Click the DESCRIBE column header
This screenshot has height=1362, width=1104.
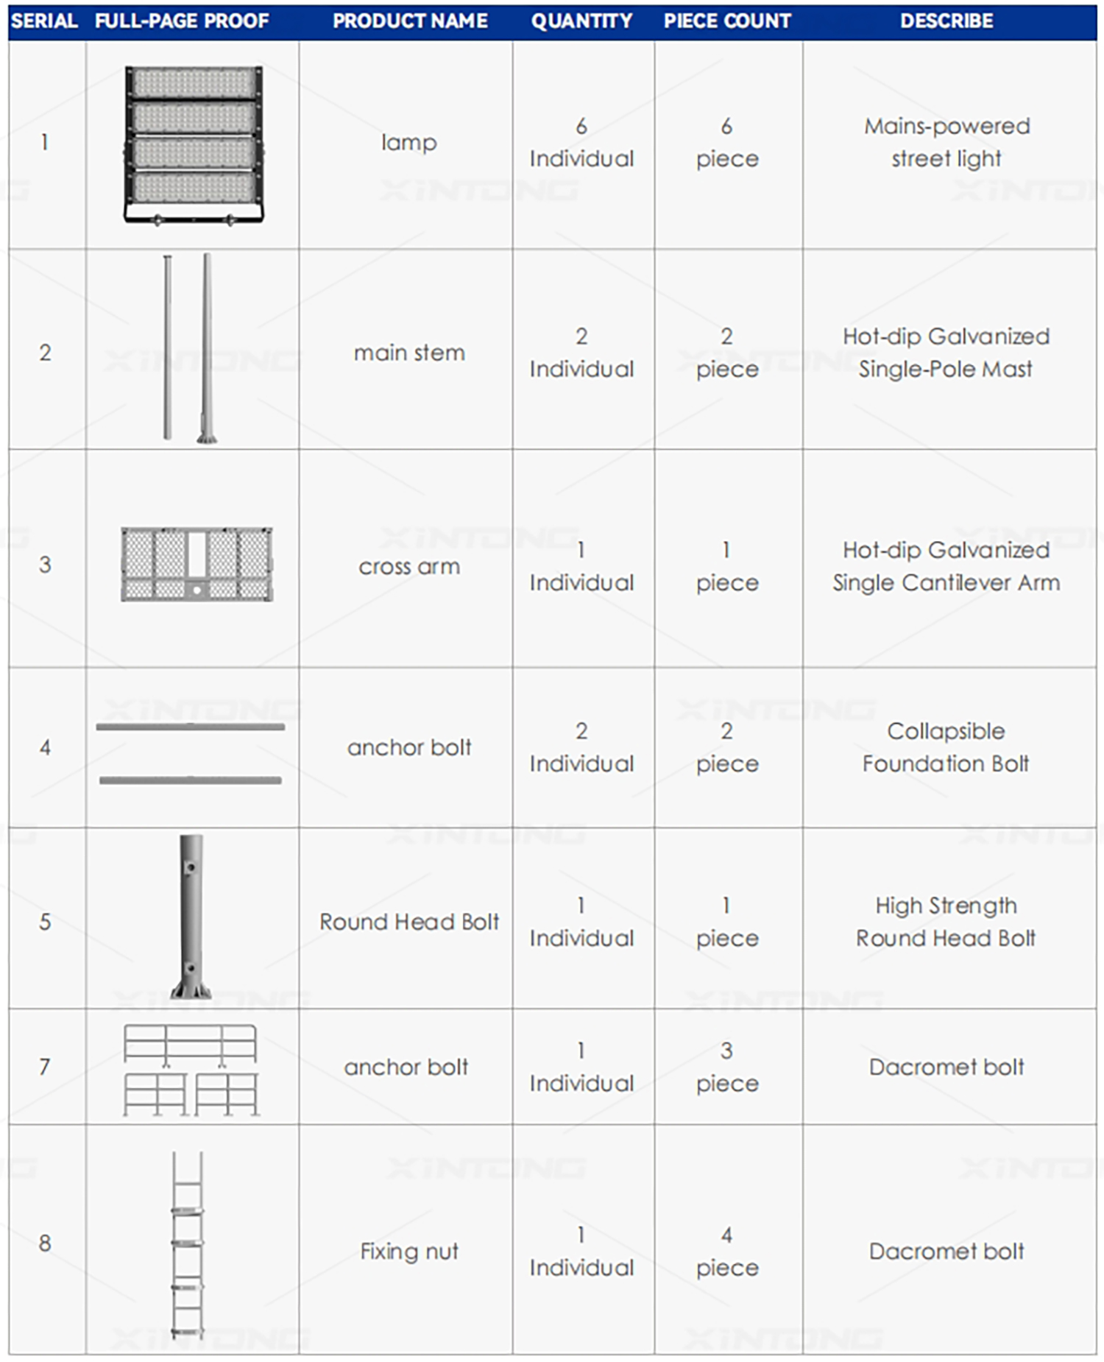(x=946, y=21)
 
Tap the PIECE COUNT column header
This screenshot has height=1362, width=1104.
(x=727, y=21)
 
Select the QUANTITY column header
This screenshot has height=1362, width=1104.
(x=581, y=21)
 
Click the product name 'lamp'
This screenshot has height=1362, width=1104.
(x=408, y=142)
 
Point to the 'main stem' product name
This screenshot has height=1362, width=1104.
(x=408, y=353)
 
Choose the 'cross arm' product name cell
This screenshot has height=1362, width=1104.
(x=408, y=566)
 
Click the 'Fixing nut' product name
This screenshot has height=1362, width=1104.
(x=408, y=1251)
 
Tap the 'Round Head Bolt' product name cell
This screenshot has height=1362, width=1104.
(x=408, y=922)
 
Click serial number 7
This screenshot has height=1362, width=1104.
(x=45, y=1066)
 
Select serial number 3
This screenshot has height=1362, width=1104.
(x=45, y=565)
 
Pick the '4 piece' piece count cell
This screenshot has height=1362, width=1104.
(x=727, y=1251)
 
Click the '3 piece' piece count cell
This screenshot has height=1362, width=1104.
(x=727, y=1067)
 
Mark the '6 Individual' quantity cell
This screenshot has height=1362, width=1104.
(x=581, y=142)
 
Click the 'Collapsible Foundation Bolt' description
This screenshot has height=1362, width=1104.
(x=946, y=747)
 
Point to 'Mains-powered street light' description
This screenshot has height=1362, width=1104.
(x=946, y=142)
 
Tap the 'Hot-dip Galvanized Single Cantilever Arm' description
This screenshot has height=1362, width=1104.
(x=946, y=566)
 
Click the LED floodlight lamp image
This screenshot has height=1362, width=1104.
(x=194, y=145)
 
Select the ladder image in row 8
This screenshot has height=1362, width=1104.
(x=188, y=1244)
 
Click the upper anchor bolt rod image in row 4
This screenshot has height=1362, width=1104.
(x=190, y=727)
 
